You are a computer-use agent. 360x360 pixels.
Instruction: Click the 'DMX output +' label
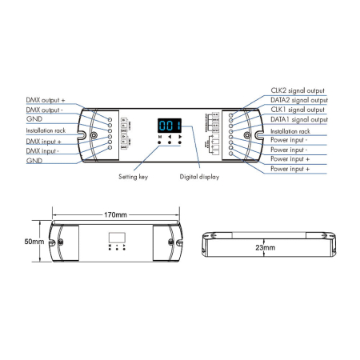coord(47,100)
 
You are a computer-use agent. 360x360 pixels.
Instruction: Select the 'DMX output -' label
coord(46,109)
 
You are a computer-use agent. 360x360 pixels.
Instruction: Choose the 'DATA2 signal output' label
coord(299,101)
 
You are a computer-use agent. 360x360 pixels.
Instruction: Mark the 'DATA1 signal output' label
coord(299,119)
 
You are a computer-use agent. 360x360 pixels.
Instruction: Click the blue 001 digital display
coord(170,126)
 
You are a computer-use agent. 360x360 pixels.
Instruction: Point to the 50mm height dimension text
coord(33,242)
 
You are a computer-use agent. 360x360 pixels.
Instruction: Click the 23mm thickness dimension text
coord(265,249)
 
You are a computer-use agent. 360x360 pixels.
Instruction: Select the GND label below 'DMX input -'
coord(34,160)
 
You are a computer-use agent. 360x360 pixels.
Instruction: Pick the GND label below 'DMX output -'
coord(34,118)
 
